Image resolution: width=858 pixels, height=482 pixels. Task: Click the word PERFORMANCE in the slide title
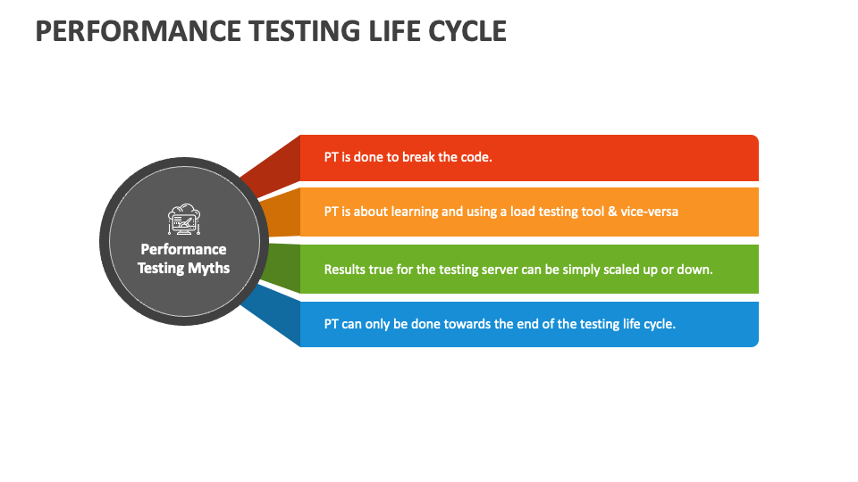click(138, 31)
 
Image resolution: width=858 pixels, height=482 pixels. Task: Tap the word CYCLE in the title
click(467, 31)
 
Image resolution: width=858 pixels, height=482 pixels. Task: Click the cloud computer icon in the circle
click(184, 220)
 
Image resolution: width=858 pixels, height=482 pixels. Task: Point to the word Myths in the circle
click(208, 269)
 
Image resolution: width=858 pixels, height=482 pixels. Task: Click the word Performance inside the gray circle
click(183, 249)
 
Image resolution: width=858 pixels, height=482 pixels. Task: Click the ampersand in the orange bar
click(612, 212)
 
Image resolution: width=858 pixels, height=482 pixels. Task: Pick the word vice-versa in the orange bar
click(650, 212)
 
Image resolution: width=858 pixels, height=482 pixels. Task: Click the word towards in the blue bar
click(467, 324)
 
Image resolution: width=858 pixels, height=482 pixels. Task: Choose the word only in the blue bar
click(377, 324)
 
